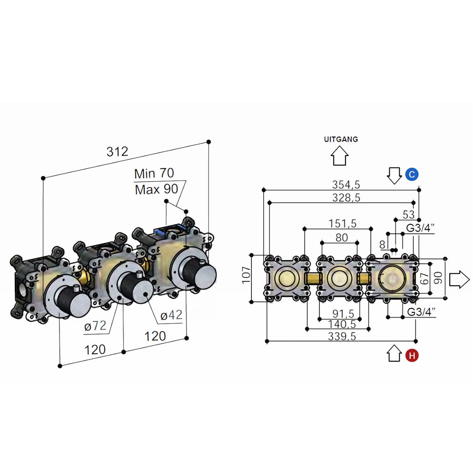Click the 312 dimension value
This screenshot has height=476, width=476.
117,152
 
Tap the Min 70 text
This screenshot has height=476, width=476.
154,173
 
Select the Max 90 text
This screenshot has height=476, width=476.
156,189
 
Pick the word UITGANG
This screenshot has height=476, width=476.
340,139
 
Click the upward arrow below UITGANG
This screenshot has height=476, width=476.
339,156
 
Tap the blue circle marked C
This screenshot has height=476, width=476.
412,175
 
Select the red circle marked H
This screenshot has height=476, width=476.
412,355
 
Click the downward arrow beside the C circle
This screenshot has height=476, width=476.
395,175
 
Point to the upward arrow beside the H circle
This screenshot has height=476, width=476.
395,354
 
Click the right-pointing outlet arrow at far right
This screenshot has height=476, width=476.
459,279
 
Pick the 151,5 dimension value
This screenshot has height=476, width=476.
342,223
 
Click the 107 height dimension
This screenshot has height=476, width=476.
246,275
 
